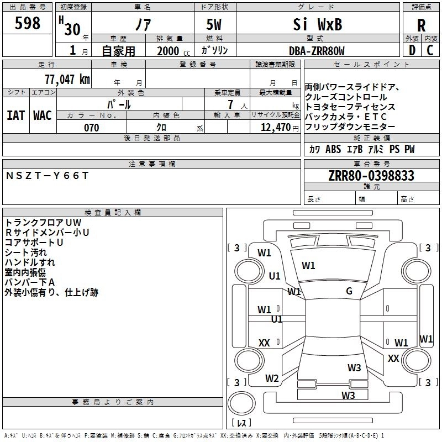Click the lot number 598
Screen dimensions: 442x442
point(27,23)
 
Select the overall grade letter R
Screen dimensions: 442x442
point(421,25)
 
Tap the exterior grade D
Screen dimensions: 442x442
point(412,50)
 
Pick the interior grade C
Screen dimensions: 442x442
point(430,50)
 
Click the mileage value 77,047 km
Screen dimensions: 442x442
point(67,80)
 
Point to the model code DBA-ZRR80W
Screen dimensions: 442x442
point(317,51)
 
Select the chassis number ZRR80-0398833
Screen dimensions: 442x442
point(371,176)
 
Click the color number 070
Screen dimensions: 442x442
point(92,128)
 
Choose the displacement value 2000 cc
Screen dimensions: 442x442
point(173,51)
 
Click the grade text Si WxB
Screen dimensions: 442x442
point(317,24)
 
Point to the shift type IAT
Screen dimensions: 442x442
point(16,115)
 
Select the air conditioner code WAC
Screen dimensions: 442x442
point(43,115)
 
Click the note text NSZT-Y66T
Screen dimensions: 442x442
point(47,176)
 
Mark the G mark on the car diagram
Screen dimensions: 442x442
point(349,291)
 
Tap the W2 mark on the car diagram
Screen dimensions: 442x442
point(272,378)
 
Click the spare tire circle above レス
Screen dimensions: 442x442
point(241,403)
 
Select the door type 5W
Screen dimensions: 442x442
point(214,24)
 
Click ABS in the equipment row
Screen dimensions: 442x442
point(333,149)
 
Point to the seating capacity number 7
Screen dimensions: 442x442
point(230,104)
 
